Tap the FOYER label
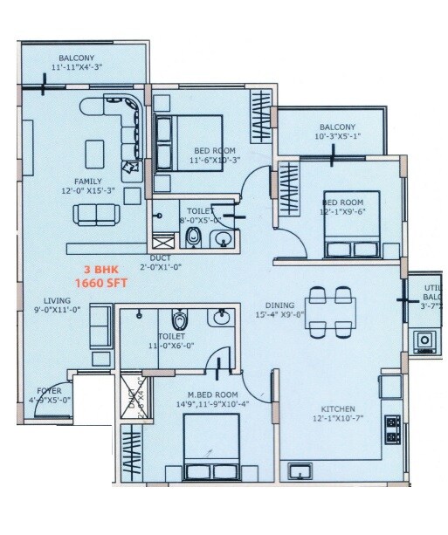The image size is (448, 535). (x=48, y=391)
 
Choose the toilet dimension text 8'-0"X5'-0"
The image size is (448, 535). (x=204, y=221)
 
